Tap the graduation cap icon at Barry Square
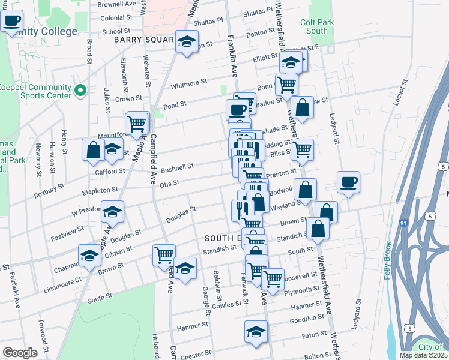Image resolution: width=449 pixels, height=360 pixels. [187, 42]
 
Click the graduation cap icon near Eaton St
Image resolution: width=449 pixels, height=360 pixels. [256, 332]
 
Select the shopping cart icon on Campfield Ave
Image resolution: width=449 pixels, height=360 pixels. [164, 255]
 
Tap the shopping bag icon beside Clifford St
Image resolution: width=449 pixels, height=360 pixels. [94, 150]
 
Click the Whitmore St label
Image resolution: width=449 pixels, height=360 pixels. [188, 82]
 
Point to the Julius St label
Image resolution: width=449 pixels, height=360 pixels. [107, 99]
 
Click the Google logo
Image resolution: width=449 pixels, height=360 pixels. [20, 353]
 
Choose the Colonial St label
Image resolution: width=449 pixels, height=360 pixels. [116, 19]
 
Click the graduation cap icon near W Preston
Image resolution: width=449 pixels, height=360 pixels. [112, 211]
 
